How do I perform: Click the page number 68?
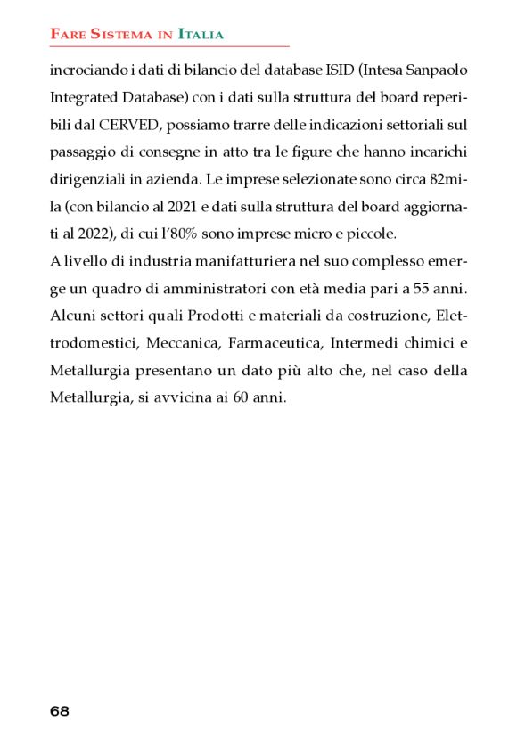[x=60, y=711]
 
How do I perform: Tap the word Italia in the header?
[x=201, y=34]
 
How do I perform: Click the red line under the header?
[x=169, y=45]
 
